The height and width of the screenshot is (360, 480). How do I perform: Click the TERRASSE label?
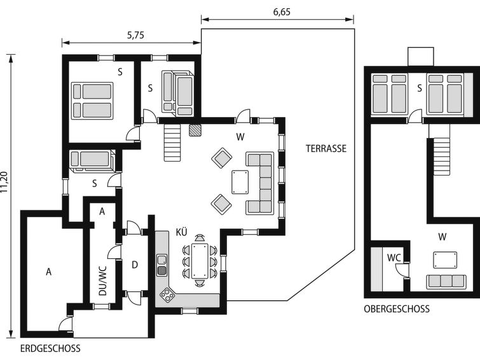[x=326, y=149]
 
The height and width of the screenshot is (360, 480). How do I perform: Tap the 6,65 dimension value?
[x=277, y=11]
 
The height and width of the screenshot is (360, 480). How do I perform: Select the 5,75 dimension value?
[x=135, y=36]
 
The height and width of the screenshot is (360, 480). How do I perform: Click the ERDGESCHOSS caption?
[x=50, y=349]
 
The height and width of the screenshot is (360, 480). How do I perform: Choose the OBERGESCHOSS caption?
[x=396, y=309]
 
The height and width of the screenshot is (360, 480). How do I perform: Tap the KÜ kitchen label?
[x=182, y=232]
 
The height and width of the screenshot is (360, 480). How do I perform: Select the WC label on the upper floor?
[x=394, y=258]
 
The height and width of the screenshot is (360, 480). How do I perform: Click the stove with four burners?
[x=168, y=294]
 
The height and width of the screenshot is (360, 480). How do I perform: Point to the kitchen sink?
[x=161, y=263]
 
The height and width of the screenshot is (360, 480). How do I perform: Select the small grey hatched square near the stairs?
[x=195, y=129]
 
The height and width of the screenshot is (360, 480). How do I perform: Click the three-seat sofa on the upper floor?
[x=444, y=280]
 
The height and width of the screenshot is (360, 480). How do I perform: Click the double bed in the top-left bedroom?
[x=92, y=100]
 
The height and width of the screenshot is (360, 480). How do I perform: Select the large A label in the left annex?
[x=48, y=272]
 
